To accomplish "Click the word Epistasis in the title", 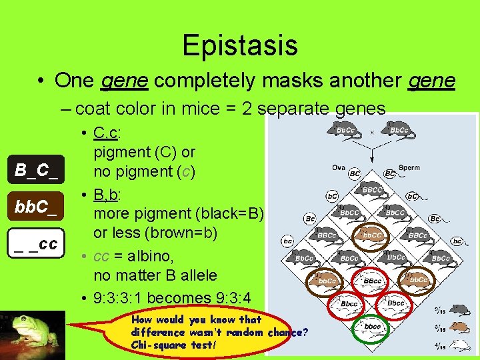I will (239, 45).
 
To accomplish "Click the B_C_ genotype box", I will (37, 170).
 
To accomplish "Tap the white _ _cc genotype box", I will (37, 243).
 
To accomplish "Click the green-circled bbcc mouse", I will (373, 327).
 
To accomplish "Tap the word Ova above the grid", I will (339, 168).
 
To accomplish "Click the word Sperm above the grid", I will (409, 168).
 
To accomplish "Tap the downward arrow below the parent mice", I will (372, 152).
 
